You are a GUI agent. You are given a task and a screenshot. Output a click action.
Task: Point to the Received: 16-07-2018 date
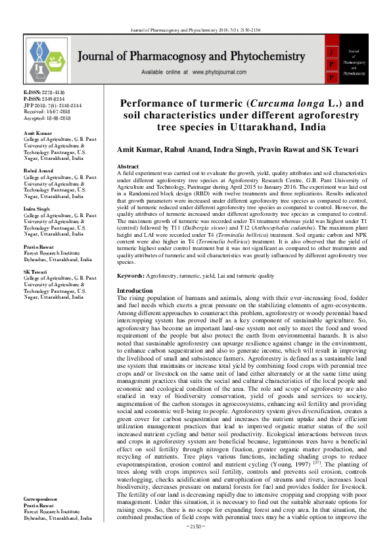[46, 111]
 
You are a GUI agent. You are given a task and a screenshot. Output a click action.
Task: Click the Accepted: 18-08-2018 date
[46, 116]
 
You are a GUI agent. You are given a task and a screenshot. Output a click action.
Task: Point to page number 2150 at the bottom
[196, 544]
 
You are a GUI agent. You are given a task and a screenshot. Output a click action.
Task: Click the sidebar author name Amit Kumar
[37, 134]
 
